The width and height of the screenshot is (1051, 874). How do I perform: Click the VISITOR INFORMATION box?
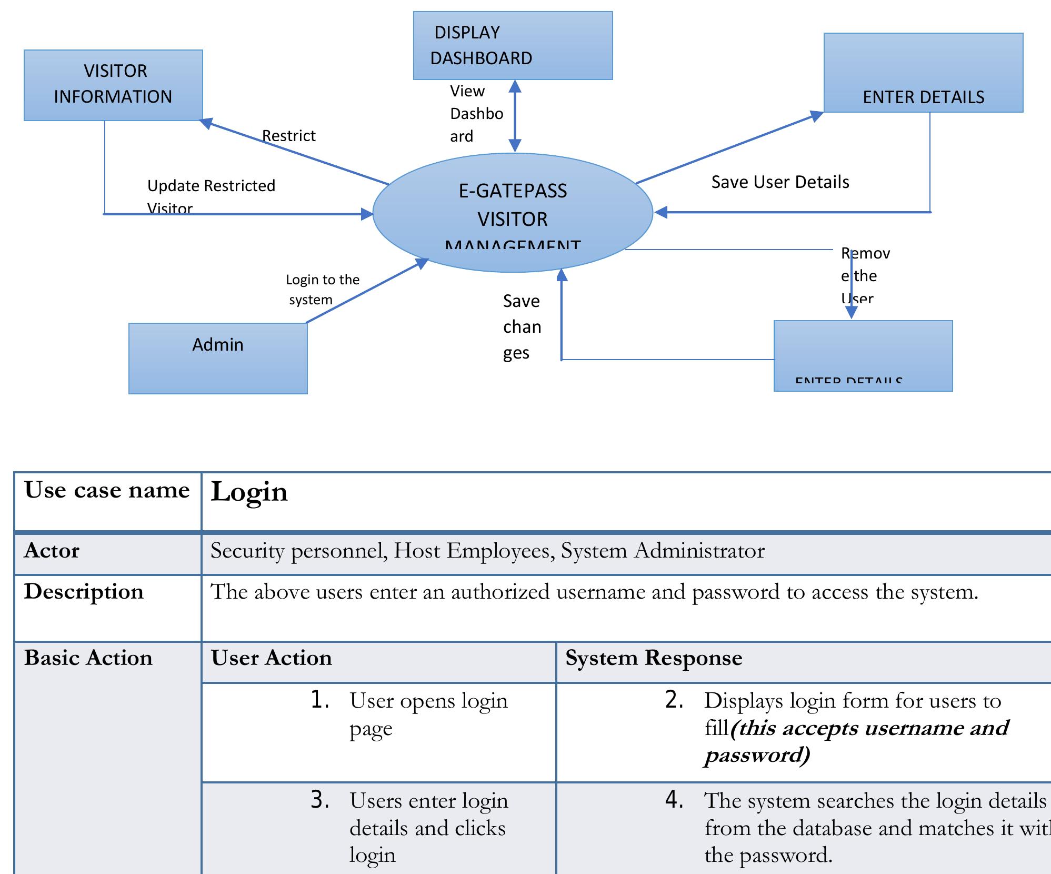(113, 85)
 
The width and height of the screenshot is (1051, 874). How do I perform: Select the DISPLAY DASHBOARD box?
(513, 45)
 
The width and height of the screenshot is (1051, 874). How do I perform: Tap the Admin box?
(218, 358)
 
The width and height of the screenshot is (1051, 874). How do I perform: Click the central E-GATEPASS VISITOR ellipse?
(513, 212)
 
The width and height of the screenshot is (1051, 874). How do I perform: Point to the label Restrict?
(288, 136)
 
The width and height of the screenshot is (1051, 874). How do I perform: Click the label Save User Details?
(780, 182)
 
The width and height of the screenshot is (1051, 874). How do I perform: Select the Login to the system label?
(322, 289)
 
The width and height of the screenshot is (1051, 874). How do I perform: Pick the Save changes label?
(522, 327)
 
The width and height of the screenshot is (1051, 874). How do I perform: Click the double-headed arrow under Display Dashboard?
(515, 116)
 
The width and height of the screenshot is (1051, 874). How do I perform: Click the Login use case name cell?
(249, 492)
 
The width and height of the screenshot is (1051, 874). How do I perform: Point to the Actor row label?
(52, 551)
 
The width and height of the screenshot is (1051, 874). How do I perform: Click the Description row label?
(84, 592)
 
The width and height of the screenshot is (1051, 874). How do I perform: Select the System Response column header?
(654, 658)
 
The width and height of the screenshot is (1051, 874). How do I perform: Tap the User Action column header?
(272, 658)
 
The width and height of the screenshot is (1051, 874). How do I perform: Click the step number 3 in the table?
(319, 800)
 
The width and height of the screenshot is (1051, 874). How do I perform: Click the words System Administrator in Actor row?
(663, 551)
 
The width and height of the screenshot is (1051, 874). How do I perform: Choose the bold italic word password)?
(757, 755)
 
